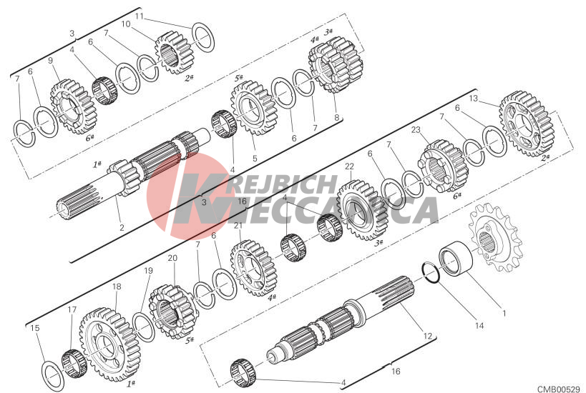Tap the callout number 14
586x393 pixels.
click(x=479, y=325)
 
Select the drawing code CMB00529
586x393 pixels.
click(x=559, y=389)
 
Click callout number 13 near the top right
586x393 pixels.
click(x=473, y=99)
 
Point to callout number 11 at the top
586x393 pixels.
click(x=140, y=16)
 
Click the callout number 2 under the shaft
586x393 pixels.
click(x=122, y=227)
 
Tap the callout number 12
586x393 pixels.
click(x=428, y=336)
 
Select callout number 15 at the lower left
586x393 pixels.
click(x=35, y=328)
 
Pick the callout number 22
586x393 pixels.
click(x=349, y=166)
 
